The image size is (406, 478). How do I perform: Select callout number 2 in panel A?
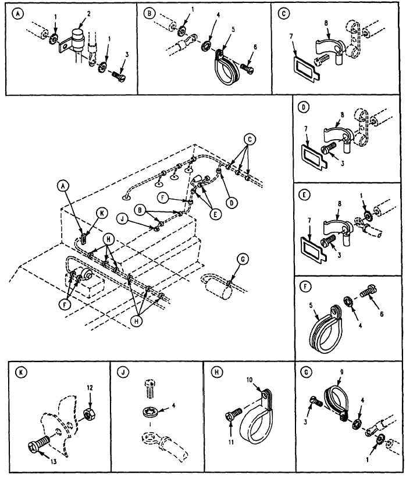[73, 12]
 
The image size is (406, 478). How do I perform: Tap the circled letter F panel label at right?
[304, 286]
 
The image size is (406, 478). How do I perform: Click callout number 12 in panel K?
[90, 387]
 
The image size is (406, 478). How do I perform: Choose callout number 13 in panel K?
[40, 463]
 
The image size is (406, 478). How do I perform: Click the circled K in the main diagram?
[102, 214]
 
